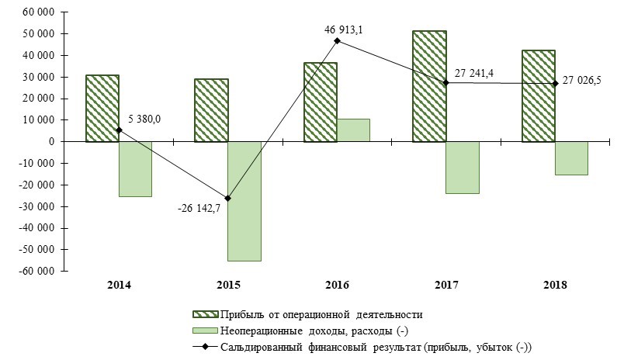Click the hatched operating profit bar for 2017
(429, 86)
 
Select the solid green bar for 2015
(244, 201)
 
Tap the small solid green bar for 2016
(353, 130)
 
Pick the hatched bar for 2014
(102, 108)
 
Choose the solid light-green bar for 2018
(571, 158)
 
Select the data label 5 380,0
(144, 119)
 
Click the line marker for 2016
(337, 40)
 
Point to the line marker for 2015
(227, 198)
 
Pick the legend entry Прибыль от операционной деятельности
(321, 314)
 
